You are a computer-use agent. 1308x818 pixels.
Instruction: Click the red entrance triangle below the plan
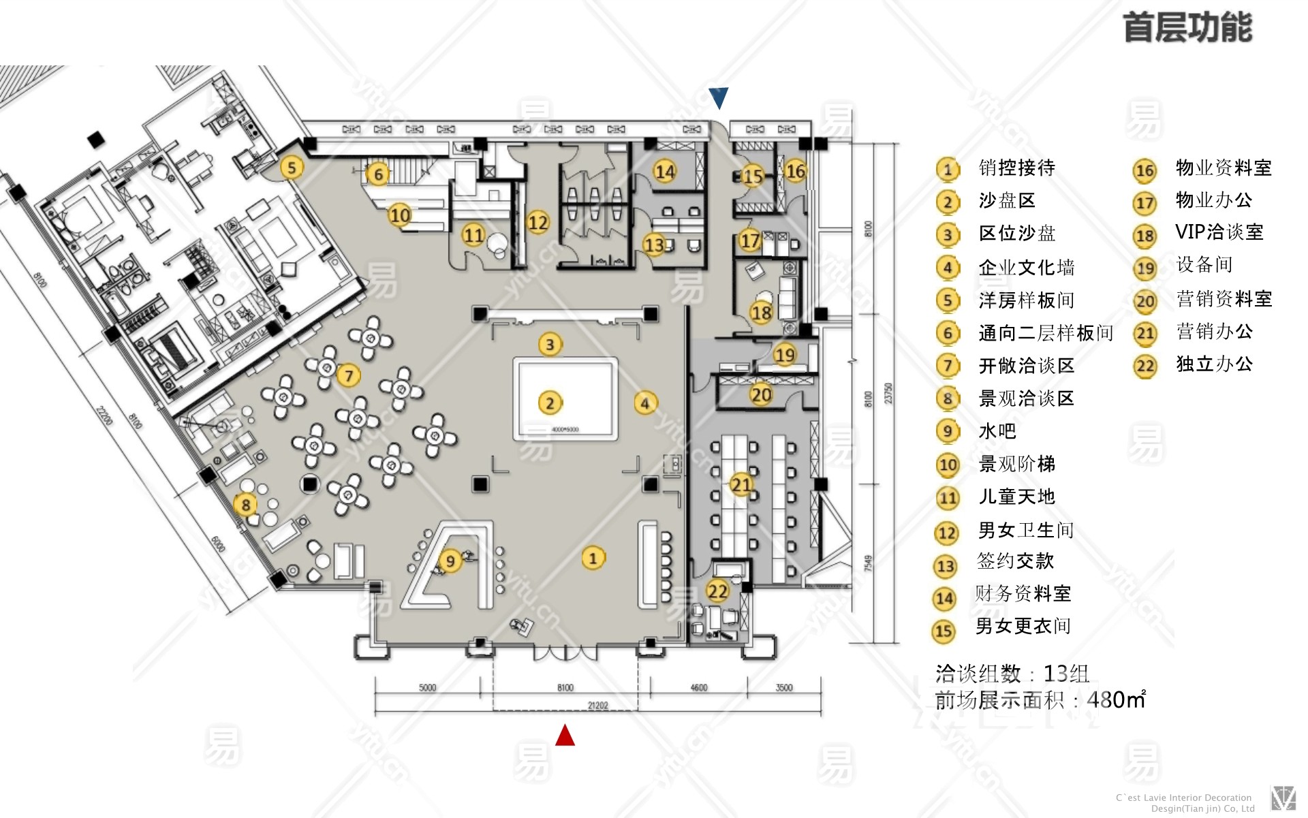(565, 736)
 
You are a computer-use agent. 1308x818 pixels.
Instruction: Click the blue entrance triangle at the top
(718, 97)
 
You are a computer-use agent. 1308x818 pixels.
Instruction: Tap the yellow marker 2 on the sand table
(550, 403)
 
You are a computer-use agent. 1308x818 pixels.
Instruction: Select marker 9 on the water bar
(450, 561)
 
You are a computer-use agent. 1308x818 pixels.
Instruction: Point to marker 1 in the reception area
(593, 559)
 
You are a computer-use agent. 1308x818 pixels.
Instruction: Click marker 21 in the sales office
(741, 484)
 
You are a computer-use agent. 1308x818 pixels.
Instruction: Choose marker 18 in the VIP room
(761, 313)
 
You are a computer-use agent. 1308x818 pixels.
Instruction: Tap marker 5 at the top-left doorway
(292, 168)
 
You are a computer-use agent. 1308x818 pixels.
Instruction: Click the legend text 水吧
(997, 431)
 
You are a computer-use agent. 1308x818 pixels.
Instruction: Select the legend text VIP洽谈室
(1219, 232)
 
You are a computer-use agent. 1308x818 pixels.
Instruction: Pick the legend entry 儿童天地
(1016, 497)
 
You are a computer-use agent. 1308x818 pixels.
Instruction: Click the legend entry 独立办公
(1214, 364)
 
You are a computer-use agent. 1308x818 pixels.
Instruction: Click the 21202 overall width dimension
(597, 706)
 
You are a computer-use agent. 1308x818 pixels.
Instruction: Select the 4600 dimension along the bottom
(699, 688)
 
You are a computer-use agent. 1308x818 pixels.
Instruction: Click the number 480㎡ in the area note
(1116, 699)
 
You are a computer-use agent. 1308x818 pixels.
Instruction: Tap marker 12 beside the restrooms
(538, 222)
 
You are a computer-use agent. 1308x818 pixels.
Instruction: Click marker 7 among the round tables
(349, 375)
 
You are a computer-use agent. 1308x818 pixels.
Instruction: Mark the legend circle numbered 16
(1144, 170)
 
